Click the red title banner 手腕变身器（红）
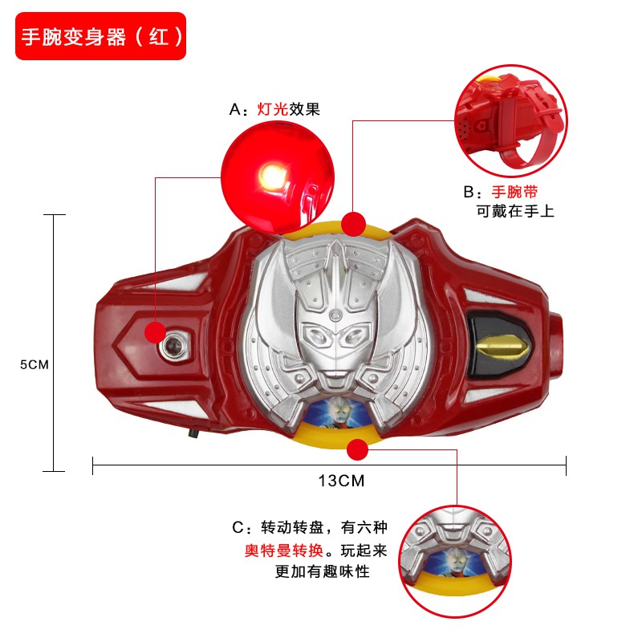tap(101, 36)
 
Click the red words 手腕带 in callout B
tap(514, 193)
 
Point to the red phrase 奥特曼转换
tap(284, 551)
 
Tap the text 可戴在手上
tap(515, 212)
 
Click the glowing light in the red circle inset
tap(271, 174)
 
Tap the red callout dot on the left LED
tap(155, 332)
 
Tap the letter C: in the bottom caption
tap(242, 528)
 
